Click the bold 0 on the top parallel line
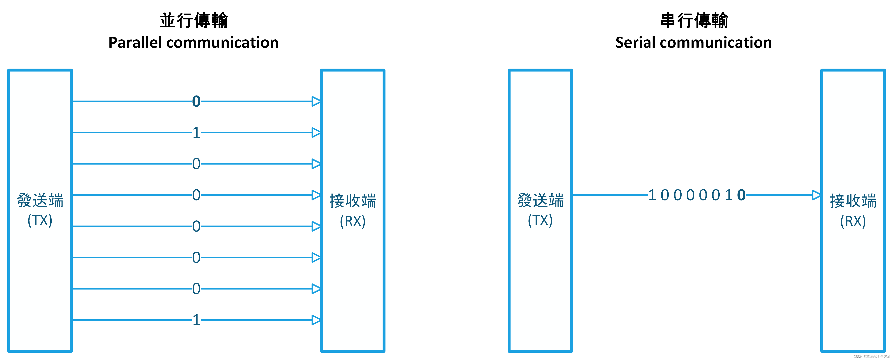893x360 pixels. pyautogui.click(x=196, y=102)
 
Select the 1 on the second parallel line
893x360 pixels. pyautogui.click(x=196, y=133)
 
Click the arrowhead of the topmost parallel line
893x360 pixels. pyautogui.click(x=316, y=102)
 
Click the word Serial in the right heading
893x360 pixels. pyautogui.click(x=635, y=43)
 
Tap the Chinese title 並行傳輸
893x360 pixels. pyautogui.click(x=193, y=20)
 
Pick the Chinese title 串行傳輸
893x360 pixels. pyautogui.click(x=694, y=20)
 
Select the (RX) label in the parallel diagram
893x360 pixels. pyautogui.click(x=353, y=221)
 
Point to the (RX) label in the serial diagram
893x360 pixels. pyautogui.click(x=853, y=221)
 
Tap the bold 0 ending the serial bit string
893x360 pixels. pyautogui.click(x=741, y=195)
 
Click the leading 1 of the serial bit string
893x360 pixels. pyautogui.click(x=652, y=195)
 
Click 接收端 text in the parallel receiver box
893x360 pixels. pyautogui.click(x=353, y=201)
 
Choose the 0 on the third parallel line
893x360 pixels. pyautogui.click(x=196, y=164)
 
